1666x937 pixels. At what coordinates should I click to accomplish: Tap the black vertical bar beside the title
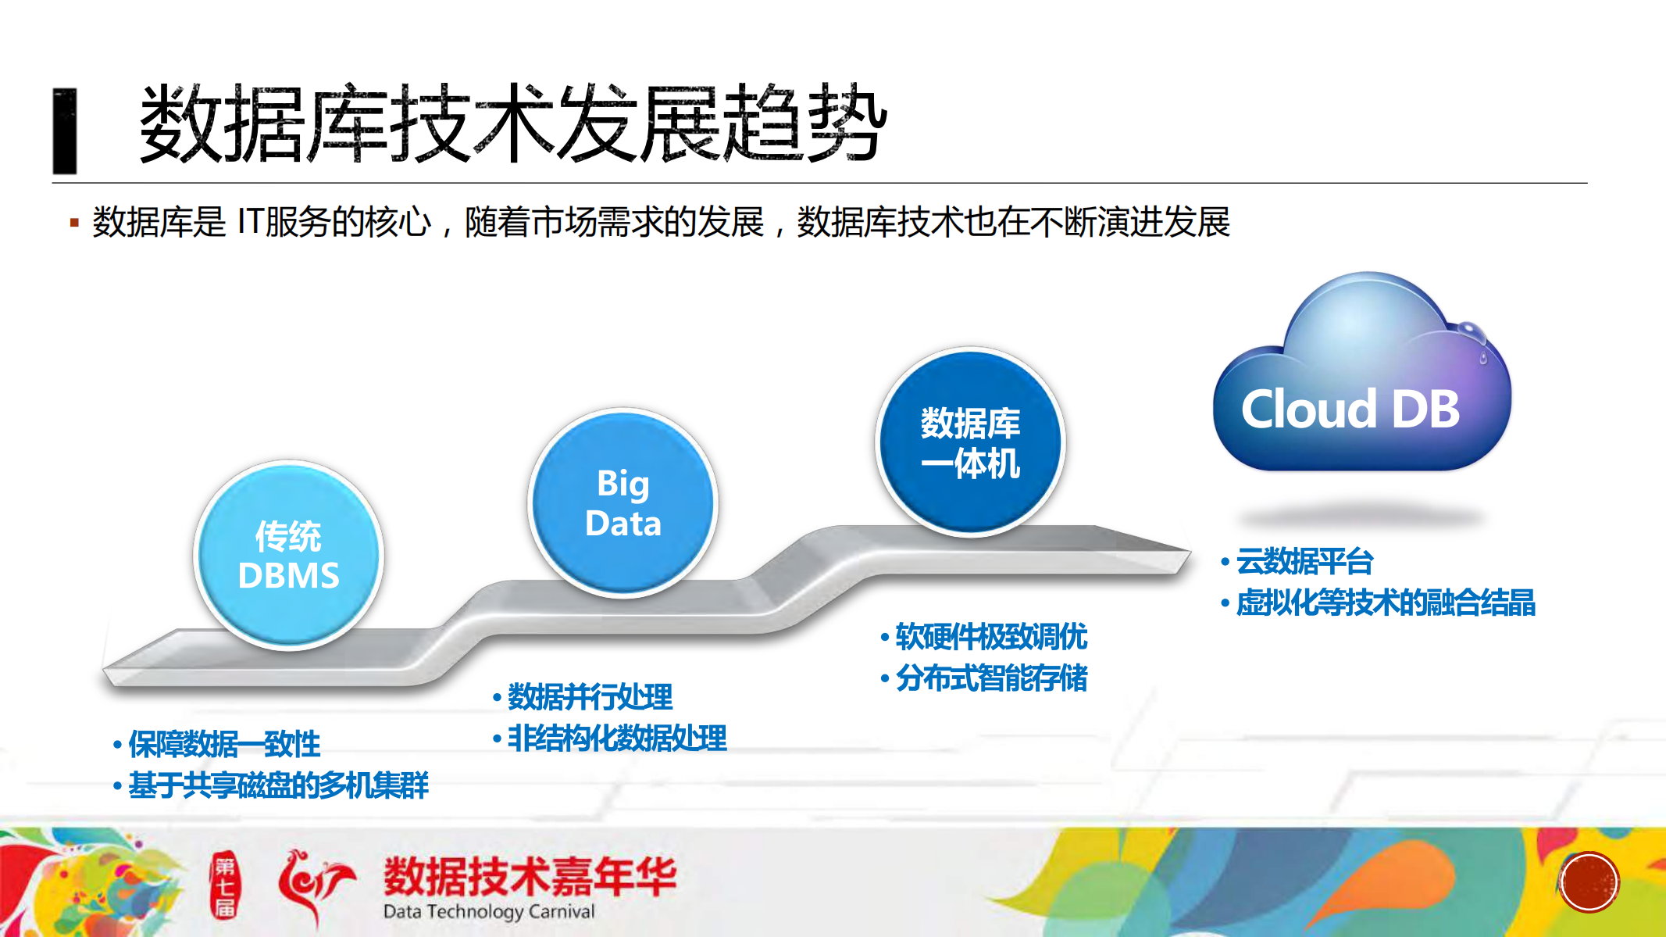pos(65,131)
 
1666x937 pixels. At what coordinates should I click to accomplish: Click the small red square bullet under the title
pos(74,224)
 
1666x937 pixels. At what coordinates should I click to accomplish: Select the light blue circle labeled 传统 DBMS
pos(288,556)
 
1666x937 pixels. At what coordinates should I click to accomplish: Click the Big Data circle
pos(623,503)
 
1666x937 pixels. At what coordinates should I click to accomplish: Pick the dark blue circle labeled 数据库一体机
pos(970,442)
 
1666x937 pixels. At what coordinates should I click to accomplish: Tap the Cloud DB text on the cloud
pos(1350,409)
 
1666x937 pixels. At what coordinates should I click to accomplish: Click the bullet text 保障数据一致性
pos(224,744)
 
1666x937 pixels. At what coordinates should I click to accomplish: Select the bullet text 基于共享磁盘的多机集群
pos(278,785)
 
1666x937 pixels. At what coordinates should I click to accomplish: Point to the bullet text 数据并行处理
pos(590,696)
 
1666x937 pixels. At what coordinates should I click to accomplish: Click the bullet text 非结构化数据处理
pos(617,738)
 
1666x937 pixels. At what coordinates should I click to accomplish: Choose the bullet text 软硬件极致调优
pos(990,637)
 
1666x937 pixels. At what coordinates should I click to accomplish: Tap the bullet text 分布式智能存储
pos(990,678)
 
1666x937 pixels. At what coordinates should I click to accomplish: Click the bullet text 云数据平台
pos(1304,561)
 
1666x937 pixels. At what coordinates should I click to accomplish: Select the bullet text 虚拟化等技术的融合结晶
pos(1385,603)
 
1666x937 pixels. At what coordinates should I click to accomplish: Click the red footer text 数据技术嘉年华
pos(530,876)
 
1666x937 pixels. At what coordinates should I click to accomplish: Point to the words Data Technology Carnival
pos(489,911)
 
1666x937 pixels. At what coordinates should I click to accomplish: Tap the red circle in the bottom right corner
pos(1589,882)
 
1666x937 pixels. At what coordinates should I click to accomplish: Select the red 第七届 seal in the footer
pos(225,886)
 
